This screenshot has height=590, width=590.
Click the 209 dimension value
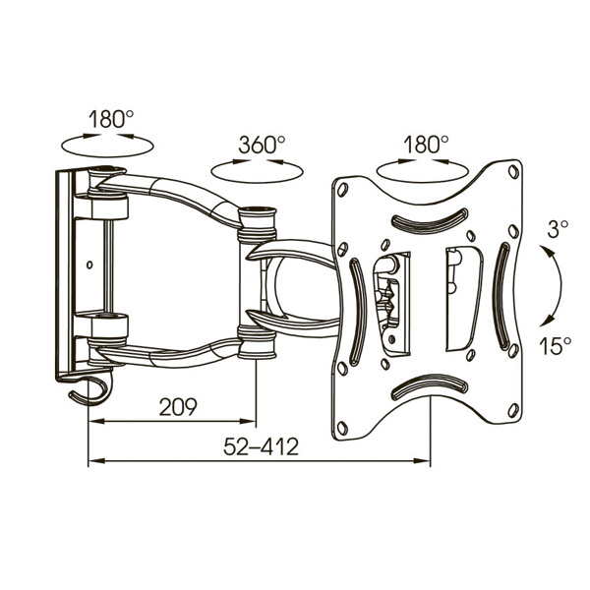click(178, 407)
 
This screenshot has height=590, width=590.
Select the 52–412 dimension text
click(261, 447)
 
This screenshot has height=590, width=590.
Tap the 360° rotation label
click(262, 145)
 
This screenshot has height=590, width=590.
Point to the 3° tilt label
click(558, 229)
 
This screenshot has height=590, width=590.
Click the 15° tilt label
click(555, 346)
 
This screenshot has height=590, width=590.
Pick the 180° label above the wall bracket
click(111, 119)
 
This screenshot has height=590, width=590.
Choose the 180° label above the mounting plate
click(426, 145)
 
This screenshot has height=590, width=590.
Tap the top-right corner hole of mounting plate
click(512, 172)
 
